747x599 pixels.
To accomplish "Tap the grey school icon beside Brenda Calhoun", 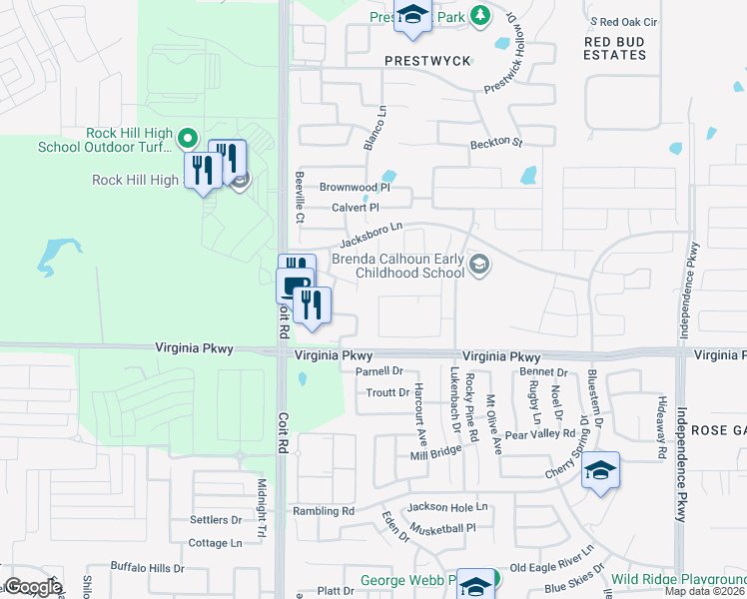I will [480, 264].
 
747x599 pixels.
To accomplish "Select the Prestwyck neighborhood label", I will [427, 61].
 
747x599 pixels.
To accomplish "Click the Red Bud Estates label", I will [615, 48].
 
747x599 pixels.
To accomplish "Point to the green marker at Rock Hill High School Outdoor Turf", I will [188, 137].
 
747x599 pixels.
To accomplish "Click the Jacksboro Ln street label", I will [371, 236].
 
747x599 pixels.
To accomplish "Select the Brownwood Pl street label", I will [354, 187].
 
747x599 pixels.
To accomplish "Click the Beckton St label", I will [496, 144].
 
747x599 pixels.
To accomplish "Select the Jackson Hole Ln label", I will [446, 507].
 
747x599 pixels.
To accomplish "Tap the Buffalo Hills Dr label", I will [147, 568].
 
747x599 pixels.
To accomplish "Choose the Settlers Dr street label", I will [216, 520].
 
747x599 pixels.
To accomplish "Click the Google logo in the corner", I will [33, 586].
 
